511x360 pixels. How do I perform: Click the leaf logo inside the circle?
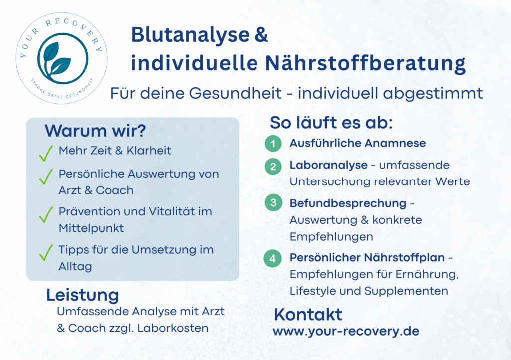click(x=62, y=59)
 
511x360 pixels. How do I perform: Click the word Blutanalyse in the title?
click(x=190, y=35)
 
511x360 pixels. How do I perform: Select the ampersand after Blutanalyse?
click(x=261, y=34)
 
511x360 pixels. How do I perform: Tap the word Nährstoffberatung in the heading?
click(x=365, y=63)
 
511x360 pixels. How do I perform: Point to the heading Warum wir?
click(x=95, y=131)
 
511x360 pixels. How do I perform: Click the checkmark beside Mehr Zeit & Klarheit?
click(x=46, y=153)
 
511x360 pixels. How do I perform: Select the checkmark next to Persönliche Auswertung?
click(x=46, y=177)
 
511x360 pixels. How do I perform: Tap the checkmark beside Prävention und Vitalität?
click(x=46, y=214)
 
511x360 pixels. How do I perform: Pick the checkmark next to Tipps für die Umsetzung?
click(x=46, y=253)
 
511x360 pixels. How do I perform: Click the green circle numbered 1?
click(x=273, y=144)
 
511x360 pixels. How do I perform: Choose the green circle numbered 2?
click(x=273, y=167)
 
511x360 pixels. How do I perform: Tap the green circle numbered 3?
click(x=274, y=203)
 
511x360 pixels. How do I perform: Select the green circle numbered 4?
click(x=273, y=258)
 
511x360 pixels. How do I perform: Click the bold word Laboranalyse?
click(x=329, y=166)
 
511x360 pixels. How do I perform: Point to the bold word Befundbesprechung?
click(x=348, y=204)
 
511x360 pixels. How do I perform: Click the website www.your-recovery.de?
click(x=346, y=332)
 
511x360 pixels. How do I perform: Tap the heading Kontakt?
click(x=308, y=315)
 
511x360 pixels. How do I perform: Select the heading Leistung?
click(x=83, y=296)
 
